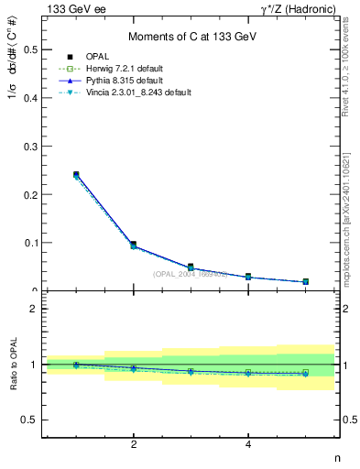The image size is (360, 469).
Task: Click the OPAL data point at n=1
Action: click(76, 174)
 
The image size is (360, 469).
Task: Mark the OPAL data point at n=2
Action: click(134, 245)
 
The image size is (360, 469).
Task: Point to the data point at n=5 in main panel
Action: click(305, 281)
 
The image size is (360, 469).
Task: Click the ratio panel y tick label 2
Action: click(34, 310)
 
